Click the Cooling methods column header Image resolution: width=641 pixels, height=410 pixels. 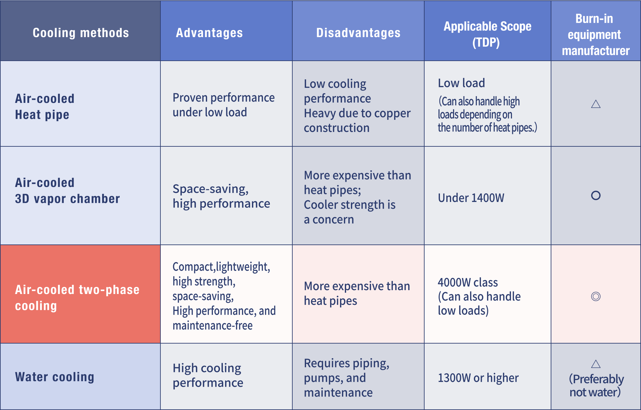click(81, 33)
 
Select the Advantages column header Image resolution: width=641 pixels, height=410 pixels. click(209, 33)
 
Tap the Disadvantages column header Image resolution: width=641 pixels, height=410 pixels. click(358, 33)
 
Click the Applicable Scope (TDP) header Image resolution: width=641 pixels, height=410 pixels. click(487, 34)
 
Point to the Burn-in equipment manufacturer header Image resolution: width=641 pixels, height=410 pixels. click(595, 35)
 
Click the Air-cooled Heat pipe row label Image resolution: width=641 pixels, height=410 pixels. click(45, 106)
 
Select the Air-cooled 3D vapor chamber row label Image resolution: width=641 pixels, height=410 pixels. click(67, 191)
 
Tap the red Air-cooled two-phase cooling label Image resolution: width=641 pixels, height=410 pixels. click(77, 298)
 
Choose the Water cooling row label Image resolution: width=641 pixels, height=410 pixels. click(55, 377)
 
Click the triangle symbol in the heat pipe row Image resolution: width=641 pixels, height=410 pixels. click(596, 104)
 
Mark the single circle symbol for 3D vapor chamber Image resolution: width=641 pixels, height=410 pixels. click(596, 195)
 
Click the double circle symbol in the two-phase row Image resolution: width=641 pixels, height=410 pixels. click(596, 297)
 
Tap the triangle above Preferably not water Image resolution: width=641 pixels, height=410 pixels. click(596, 364)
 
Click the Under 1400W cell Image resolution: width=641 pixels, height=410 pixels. click(471, 198)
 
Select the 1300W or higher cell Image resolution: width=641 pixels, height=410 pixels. click(478, 378)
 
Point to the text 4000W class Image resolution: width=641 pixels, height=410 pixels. click(468, 282)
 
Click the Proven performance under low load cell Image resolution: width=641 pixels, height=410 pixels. click(223, 105)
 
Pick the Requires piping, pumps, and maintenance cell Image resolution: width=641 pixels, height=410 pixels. click(346, 378)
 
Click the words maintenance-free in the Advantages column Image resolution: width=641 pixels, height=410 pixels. click(213, 326)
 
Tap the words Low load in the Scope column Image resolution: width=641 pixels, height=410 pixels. click(461, 83)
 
